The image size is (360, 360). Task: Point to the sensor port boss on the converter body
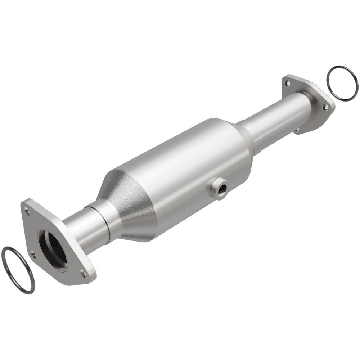coord(218,187)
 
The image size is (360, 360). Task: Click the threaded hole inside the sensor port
coord(220,187)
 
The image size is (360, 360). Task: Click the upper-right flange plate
coord(317,115)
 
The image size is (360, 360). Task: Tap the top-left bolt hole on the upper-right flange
coord(287,83)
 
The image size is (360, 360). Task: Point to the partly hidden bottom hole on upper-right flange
coord(297,130)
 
